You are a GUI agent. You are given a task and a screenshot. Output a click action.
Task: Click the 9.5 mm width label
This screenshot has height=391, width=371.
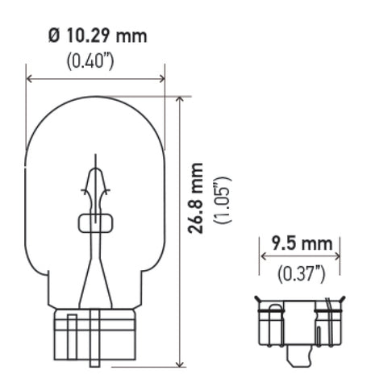point(300,243)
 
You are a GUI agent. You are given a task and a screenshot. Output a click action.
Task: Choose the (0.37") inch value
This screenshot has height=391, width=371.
point(300,273)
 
